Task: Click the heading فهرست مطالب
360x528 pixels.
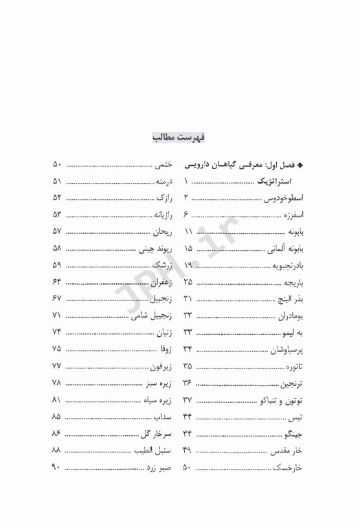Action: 178,137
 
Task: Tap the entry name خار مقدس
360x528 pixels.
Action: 287,452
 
